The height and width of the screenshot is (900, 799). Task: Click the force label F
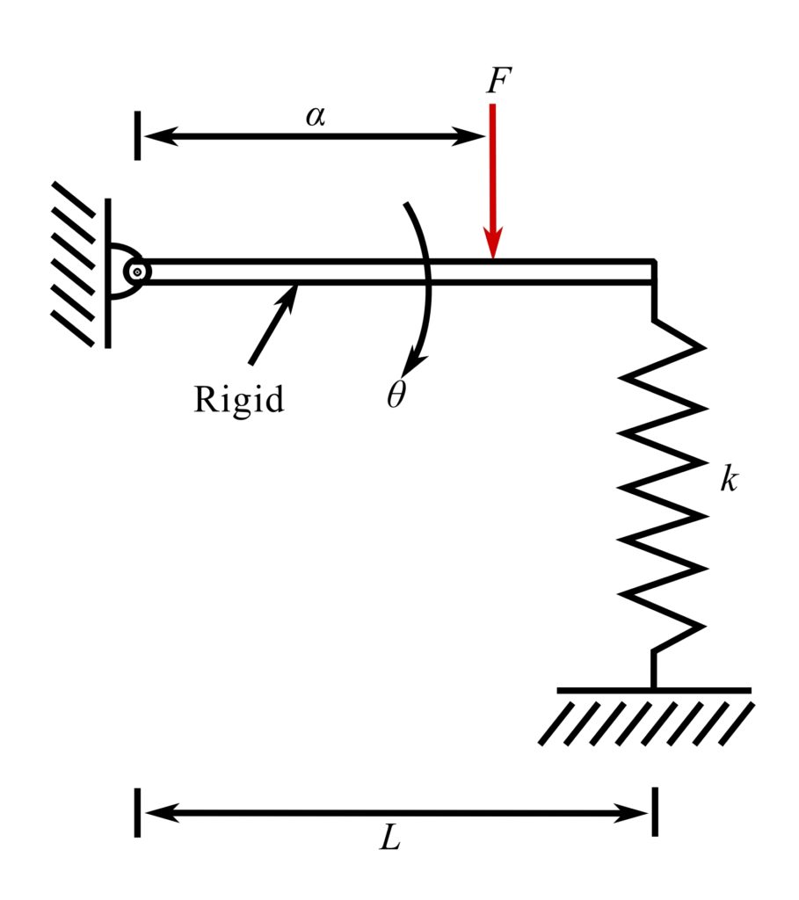(497, 81)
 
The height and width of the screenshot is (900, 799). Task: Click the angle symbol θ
(396, 396)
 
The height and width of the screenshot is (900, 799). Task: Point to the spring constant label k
(728, 480)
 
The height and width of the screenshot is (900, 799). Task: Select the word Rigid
(239, 400)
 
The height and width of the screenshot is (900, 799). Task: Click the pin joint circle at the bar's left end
(137, 272)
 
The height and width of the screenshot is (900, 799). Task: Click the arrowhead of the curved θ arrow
(412, 363)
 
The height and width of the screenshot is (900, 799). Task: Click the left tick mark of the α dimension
(137, 136)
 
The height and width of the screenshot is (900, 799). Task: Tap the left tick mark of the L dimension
(137, 813)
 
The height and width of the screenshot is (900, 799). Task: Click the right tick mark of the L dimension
(654, 813)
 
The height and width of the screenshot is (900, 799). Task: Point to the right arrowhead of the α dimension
(474, 136)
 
